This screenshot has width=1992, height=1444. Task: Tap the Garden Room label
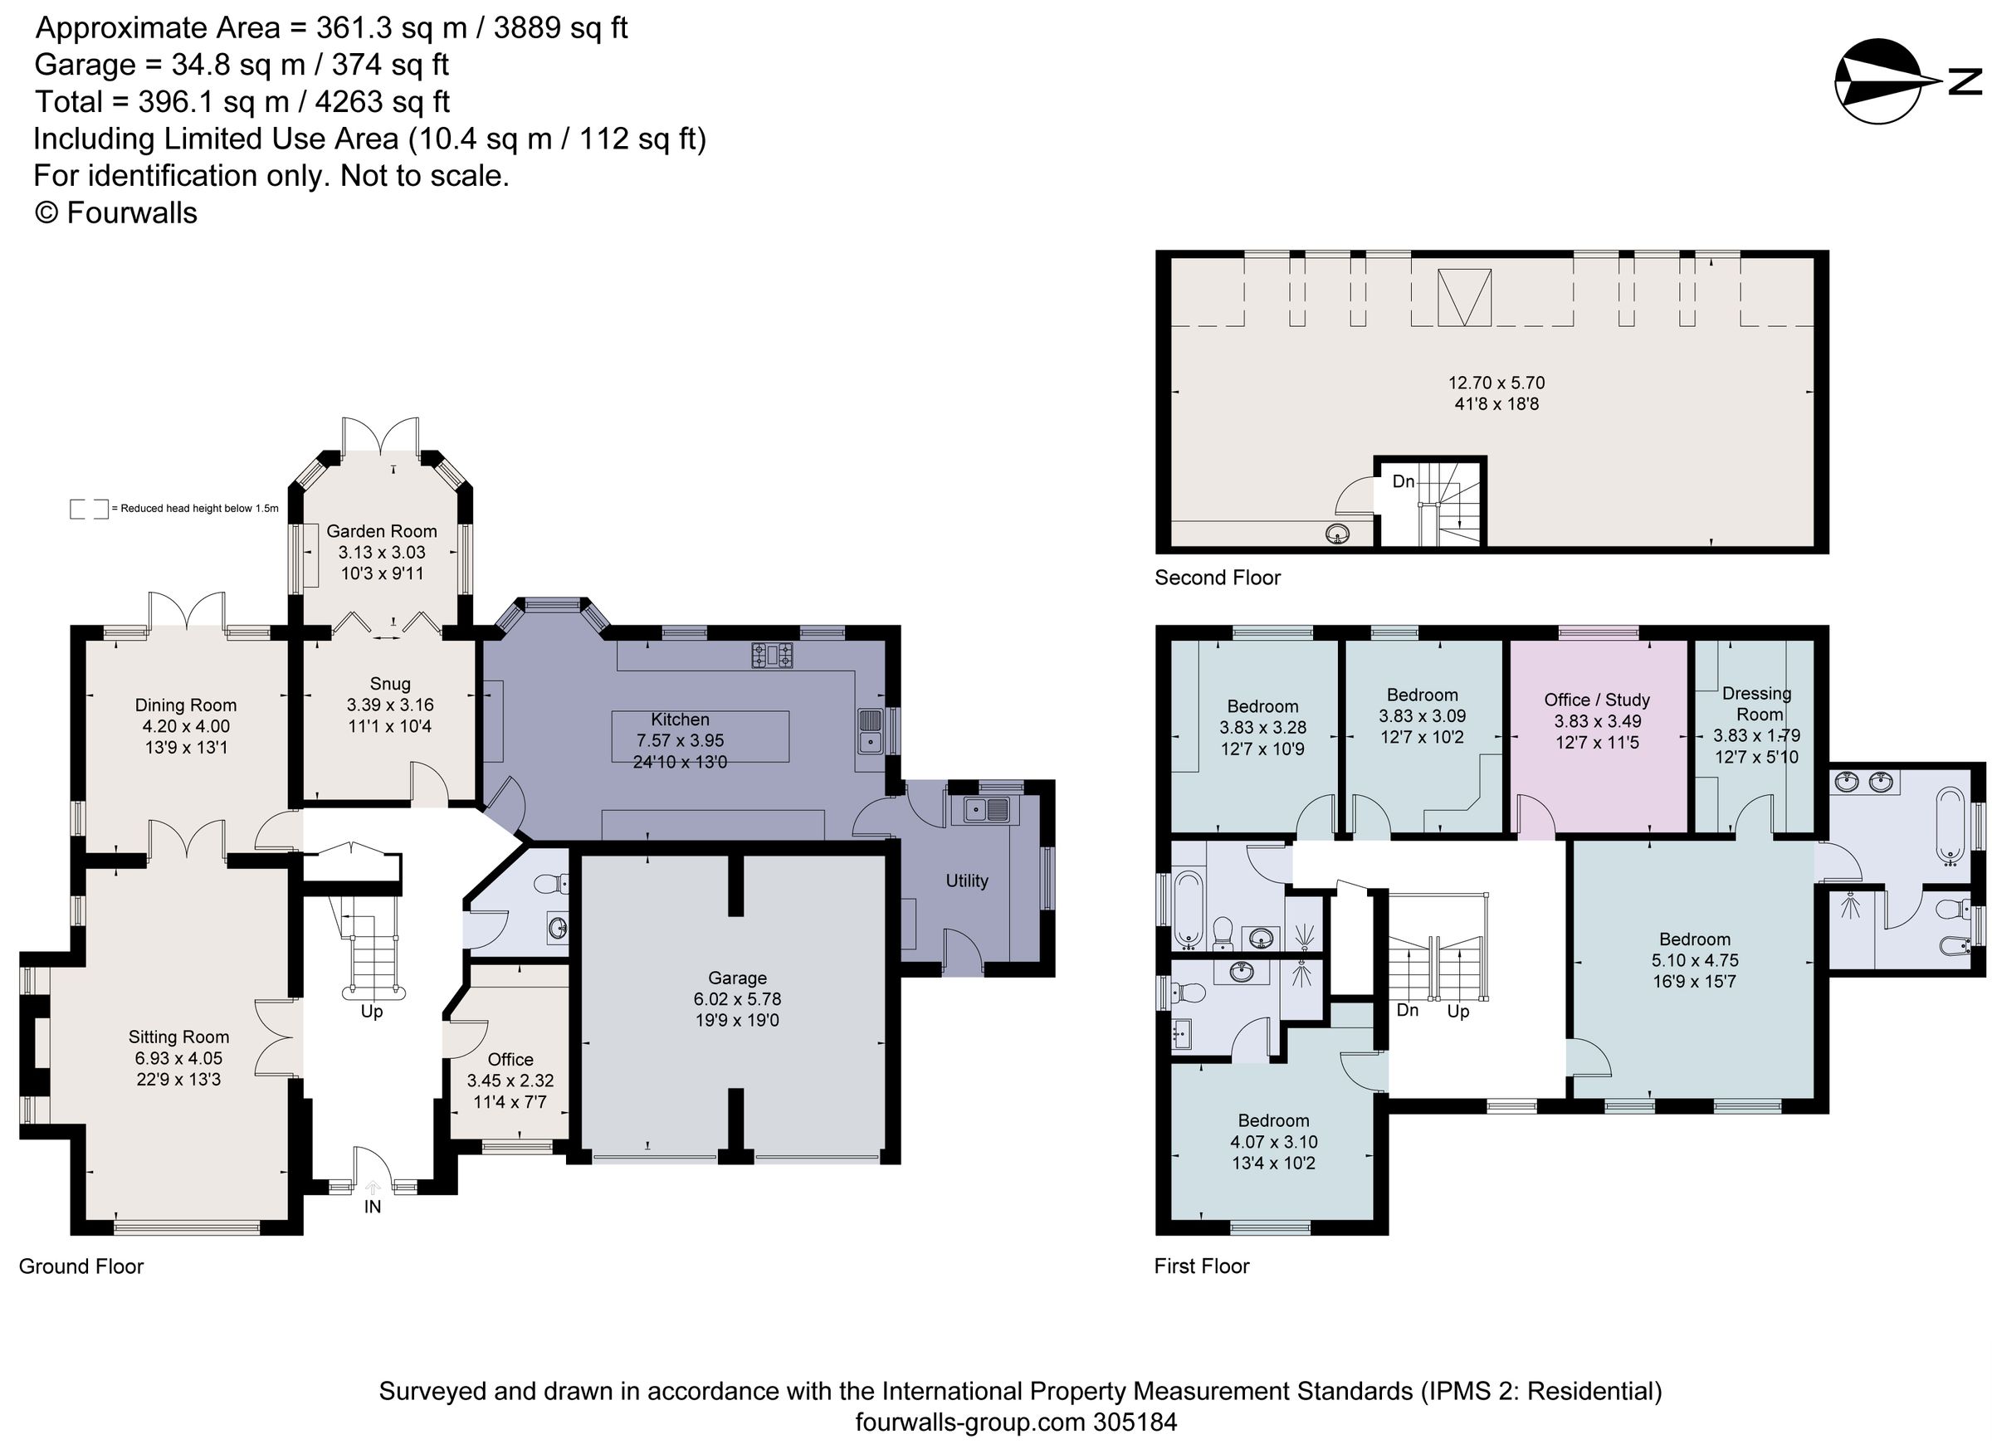[381, 531]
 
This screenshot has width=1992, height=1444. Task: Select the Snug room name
[390, 683]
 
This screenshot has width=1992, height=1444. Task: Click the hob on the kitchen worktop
[772, 656]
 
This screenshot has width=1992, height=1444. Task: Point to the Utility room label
[966, 881]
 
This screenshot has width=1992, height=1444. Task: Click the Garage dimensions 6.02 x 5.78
[737, 998]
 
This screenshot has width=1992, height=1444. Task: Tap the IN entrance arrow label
[373, 1206]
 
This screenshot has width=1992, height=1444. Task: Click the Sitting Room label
[178, 1037]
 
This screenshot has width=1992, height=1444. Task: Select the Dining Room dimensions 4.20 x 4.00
[185, 726]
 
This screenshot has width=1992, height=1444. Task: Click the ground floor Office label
[510, 1059]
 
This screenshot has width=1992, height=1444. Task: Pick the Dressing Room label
[1756, 704]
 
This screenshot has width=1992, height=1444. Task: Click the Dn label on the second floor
[1404, 481]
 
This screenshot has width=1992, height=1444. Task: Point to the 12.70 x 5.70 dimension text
[1496, 383]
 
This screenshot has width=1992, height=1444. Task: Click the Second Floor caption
[1217, 577]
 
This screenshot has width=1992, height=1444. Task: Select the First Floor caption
[1201, 1266]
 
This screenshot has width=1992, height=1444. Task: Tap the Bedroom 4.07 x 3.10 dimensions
[1272, 1142]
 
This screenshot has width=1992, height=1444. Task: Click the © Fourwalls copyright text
[116, 212]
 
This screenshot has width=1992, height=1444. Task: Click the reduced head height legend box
[89, 509]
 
